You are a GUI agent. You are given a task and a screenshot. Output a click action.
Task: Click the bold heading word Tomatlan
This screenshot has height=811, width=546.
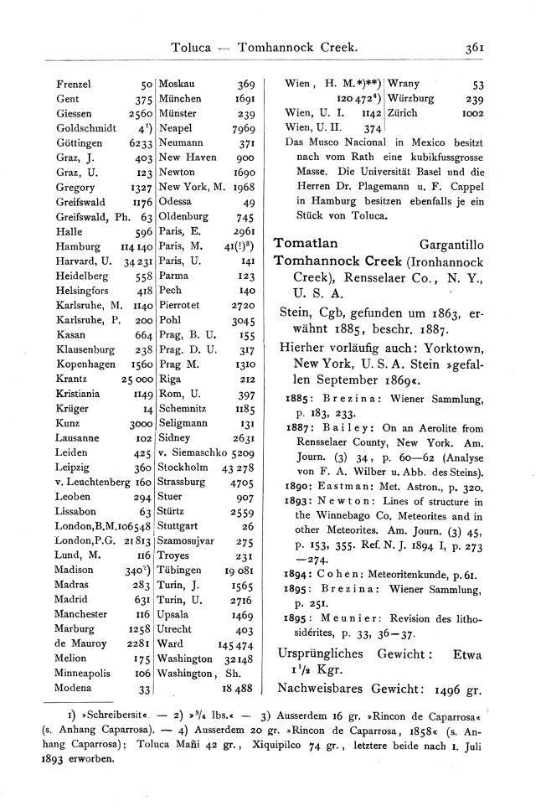306,243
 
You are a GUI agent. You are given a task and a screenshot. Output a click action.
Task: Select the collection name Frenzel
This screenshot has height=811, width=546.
74,85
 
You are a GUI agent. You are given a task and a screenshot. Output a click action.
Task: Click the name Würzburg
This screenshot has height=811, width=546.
413,98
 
